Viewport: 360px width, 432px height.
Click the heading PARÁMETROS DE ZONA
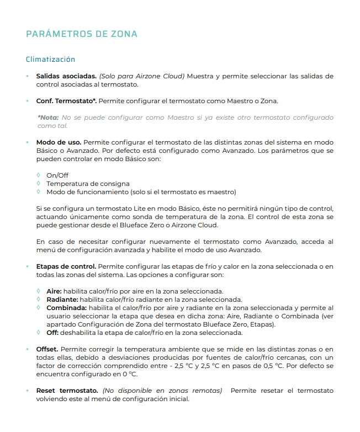coord(82,34)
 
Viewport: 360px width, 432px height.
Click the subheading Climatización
coord(50,59)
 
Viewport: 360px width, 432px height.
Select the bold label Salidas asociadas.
coord(66,76)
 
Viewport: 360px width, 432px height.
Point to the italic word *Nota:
coord(48,118)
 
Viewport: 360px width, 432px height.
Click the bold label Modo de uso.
coord(59,142)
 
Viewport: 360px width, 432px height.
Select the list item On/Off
coord(57,175)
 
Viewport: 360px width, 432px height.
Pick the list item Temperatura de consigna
coord(88,184)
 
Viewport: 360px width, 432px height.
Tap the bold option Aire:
coord(54,291)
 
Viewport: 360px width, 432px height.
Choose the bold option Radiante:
coord(62,299)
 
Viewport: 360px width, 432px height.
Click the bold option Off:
coord(53,332)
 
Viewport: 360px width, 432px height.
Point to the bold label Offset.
coord(47,349)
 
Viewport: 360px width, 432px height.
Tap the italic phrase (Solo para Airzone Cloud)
coord(142,76)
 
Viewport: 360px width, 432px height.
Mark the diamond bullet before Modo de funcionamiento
coord(38,191)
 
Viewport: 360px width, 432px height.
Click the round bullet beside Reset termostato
coord(28,391)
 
